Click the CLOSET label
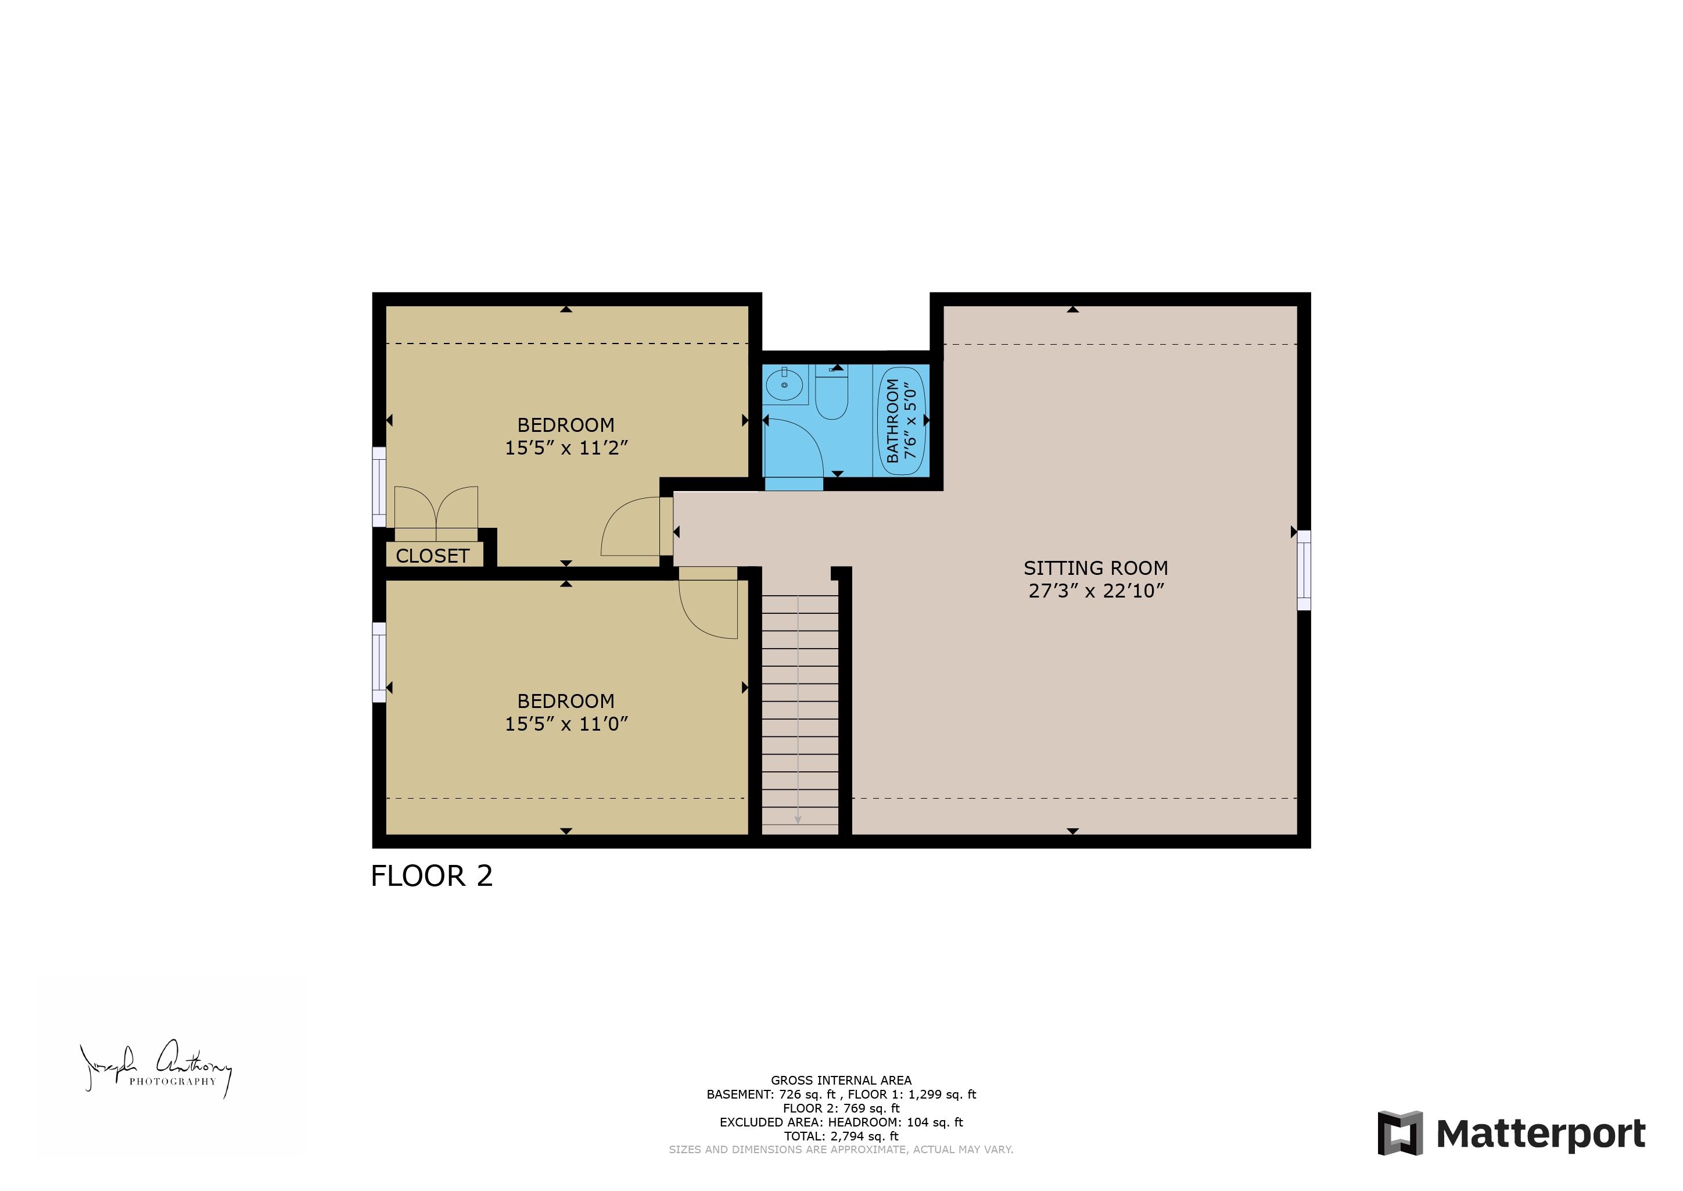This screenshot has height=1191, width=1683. pyautogui.click(x=432, y=556)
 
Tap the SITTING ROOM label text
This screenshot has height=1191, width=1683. pyautogui.click(x=1095, y=568)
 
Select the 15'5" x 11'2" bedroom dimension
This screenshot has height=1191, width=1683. pyautogui.click(x=566, y=448)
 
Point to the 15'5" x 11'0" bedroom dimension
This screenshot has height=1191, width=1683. pyautogui.click(x=566, y=724)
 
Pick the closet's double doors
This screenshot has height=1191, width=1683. pyautogui.click(x=436, y=507)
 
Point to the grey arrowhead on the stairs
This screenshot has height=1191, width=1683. pyautogui.click(x=798, y=820)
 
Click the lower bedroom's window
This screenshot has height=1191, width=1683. pyautogui.click(x=379, y=662)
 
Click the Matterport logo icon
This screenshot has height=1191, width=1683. pyautogui.click(x=1399, y=1133)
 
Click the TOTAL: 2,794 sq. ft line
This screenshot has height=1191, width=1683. pyautogui.click(x=841, y=1136)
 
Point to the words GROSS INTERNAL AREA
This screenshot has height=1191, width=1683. pyautogui.click(x=841, y=1080)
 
